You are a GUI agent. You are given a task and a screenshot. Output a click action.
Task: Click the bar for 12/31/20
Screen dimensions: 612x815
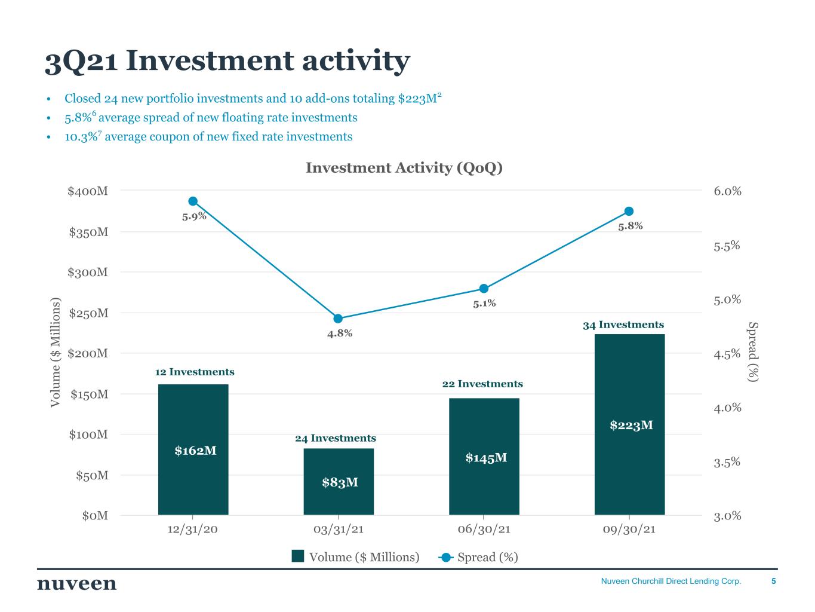[193, 449]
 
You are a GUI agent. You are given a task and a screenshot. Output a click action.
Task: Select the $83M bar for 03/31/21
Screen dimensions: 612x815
[339, 481]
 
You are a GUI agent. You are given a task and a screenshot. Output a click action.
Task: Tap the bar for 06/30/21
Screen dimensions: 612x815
[484, 456]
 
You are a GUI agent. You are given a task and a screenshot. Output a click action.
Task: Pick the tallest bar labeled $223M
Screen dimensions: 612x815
[629, 424]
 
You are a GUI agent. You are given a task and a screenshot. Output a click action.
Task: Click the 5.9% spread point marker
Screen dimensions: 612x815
[193, 201]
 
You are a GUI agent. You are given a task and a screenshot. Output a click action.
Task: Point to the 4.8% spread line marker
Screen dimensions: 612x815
[338, 319]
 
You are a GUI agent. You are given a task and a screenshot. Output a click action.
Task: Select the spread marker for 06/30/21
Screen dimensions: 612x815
[484, 289]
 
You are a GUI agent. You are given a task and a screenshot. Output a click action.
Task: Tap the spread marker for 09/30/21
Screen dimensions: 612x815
[629, 212]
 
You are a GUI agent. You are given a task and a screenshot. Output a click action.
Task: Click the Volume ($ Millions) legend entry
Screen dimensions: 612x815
[356, 557]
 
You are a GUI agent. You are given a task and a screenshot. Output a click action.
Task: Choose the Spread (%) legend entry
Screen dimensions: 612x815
[479, 557]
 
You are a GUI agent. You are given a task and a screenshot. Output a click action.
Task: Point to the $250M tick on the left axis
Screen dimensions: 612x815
[88, 313]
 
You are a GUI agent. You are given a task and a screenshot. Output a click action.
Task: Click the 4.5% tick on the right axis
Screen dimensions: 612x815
[727, 354]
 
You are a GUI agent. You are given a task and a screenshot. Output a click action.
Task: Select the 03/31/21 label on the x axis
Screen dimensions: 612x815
[339, 530]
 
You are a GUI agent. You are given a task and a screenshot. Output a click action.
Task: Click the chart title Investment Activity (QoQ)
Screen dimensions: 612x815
[404, 168]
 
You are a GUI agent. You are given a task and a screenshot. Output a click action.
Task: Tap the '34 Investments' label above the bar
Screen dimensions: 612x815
[623, 325]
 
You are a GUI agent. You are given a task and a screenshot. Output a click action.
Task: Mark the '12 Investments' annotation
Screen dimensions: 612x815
[195, 372]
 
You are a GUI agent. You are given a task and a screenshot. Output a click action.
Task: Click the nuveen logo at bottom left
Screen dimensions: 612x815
[77, 583]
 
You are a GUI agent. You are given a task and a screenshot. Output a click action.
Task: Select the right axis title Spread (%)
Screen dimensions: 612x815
[754, 353]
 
